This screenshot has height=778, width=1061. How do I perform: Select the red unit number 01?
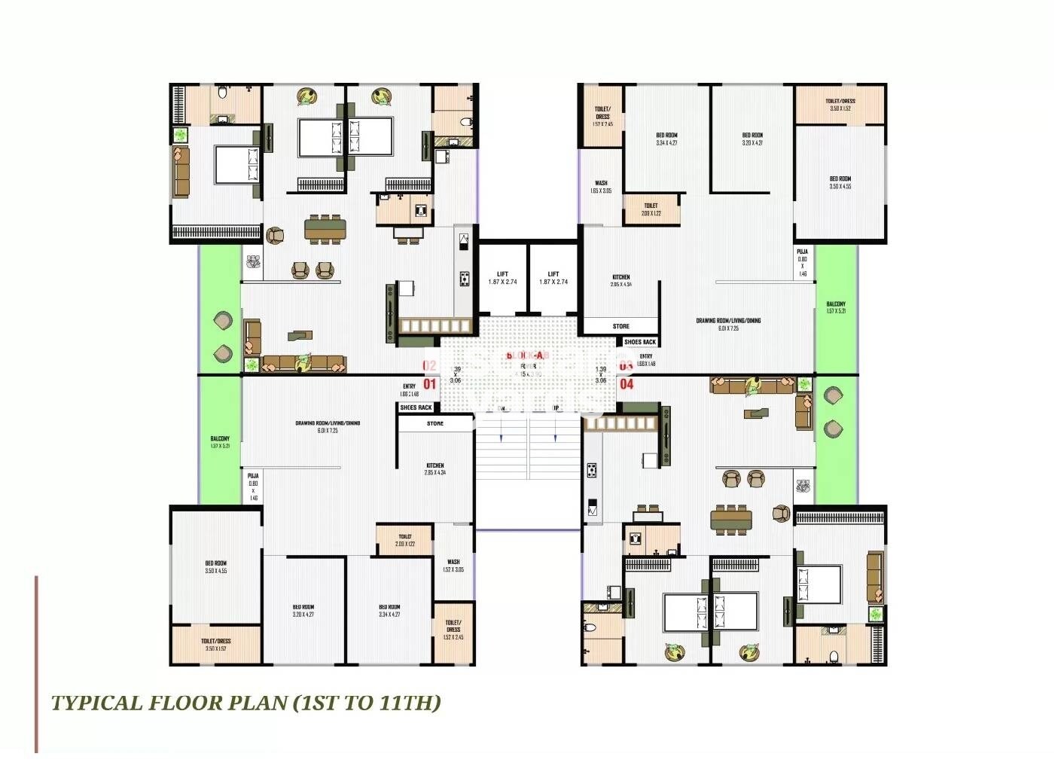(429, 384)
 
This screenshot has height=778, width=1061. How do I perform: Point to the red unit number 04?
(627, 384)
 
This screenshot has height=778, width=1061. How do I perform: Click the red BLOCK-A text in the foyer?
(528, 355)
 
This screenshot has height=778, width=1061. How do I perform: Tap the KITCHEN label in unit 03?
(621, 280)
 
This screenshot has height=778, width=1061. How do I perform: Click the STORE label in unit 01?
(435, 424)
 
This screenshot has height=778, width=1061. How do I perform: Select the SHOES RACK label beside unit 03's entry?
(639, 342)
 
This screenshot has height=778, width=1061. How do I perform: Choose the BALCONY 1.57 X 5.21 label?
(835, 307)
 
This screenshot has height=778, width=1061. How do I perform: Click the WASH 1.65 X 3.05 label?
(601, 187)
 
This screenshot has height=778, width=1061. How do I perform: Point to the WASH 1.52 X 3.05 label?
(453, 566)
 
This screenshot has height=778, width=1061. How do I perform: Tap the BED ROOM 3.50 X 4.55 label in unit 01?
(215, 567)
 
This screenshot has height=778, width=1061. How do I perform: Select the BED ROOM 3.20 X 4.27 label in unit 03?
(752, 139)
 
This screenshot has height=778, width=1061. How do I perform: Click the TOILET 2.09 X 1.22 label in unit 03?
(651, 209)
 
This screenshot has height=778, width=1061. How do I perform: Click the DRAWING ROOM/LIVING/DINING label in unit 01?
(328, 426)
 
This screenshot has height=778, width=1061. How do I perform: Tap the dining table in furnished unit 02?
(325, 228)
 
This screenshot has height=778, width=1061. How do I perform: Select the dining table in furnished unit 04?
(730, 520)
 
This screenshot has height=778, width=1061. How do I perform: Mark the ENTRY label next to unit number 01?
(409, 389)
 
